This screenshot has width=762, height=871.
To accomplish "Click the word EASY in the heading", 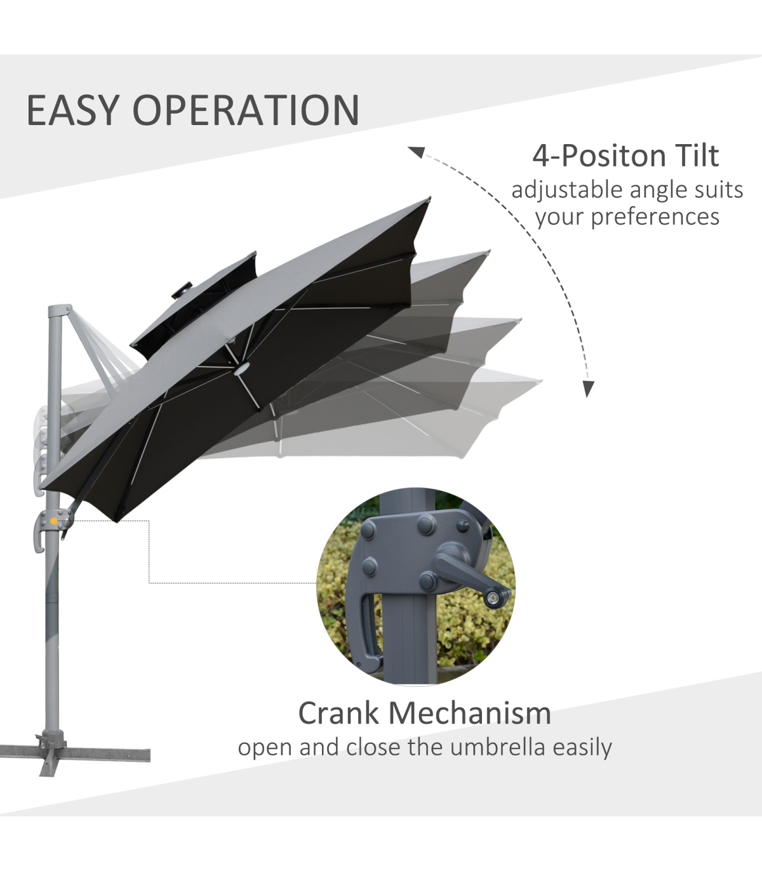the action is (72, 110).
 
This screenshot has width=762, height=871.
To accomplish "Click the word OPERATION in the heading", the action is (246, 110).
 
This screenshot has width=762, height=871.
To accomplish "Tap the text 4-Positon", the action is (599, 156).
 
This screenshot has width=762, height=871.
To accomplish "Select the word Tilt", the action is (698, 156).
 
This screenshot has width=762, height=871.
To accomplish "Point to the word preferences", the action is (655, 218).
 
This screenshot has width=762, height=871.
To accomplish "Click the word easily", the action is (582, 748).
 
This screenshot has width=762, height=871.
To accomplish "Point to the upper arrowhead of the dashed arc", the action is (417, 152).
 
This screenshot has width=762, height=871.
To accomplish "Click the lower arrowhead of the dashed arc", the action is (588, 389).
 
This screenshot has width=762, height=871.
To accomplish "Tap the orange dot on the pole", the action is (53, 521).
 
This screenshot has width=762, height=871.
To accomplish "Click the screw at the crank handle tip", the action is (493, 598).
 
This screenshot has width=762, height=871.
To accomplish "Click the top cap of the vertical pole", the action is (60, 310).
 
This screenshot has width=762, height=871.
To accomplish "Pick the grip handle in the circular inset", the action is (367, 630).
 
